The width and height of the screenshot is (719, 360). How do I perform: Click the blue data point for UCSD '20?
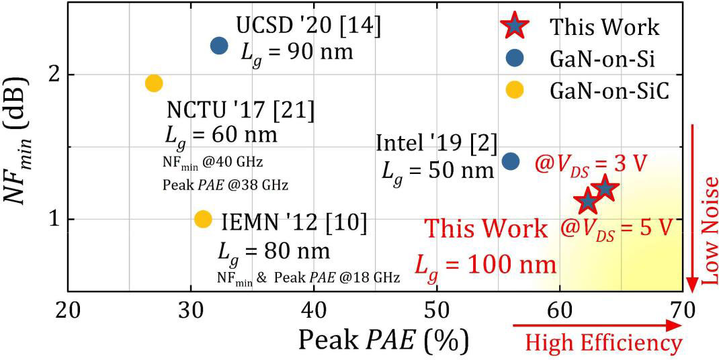[219, 46]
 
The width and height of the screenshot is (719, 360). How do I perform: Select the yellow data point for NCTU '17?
[154, 83]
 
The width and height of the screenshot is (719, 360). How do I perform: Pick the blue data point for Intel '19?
[511, 161]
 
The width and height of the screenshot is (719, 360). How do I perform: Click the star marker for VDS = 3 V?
[605, 187]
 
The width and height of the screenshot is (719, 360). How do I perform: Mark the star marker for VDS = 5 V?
[588, 199]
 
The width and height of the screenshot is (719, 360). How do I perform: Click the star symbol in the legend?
[515, 26]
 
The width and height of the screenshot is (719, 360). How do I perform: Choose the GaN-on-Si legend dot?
[515, 59]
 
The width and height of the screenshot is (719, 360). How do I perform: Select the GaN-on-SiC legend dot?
[515, 91]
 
